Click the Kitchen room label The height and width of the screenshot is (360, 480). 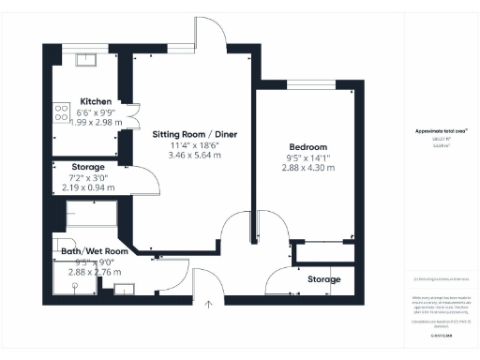97,101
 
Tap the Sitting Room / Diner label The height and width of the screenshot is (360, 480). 195,135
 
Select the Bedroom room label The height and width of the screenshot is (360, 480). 307,148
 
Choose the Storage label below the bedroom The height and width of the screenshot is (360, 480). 324,279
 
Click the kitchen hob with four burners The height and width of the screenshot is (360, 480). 63,113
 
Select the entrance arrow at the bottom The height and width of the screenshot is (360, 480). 209,303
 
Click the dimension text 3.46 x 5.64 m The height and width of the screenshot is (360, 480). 195,156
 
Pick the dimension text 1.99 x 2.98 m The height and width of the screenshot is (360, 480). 97,122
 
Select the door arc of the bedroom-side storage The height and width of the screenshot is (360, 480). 278,279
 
